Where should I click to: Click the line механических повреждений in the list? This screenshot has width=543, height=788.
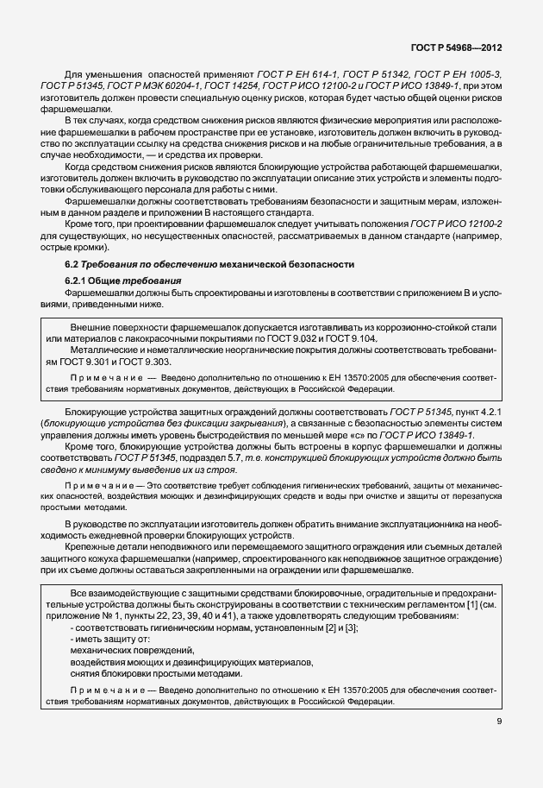coord(133,649)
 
